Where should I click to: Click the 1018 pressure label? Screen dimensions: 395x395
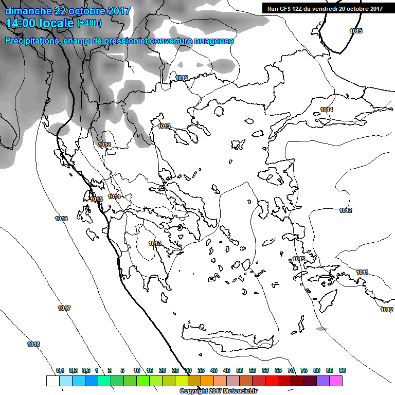coord(33,344)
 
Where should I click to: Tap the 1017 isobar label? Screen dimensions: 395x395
coord(64,308)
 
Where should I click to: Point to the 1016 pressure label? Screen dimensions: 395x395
coord(61,219)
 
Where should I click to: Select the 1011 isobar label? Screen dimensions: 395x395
coord(362,272)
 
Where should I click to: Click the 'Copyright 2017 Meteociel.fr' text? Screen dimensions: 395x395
coord(219,391)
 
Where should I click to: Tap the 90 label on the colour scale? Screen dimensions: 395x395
coord(342,370)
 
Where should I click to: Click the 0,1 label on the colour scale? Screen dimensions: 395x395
coord(60,370)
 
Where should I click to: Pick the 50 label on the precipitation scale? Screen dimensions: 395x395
coord(240,370)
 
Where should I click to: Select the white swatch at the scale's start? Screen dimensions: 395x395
coord(52,381)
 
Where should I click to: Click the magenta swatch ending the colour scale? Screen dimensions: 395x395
coord(336,381)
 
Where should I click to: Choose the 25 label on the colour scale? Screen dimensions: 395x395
coord(175,370)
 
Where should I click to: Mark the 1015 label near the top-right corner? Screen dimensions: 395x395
coord(356,31)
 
